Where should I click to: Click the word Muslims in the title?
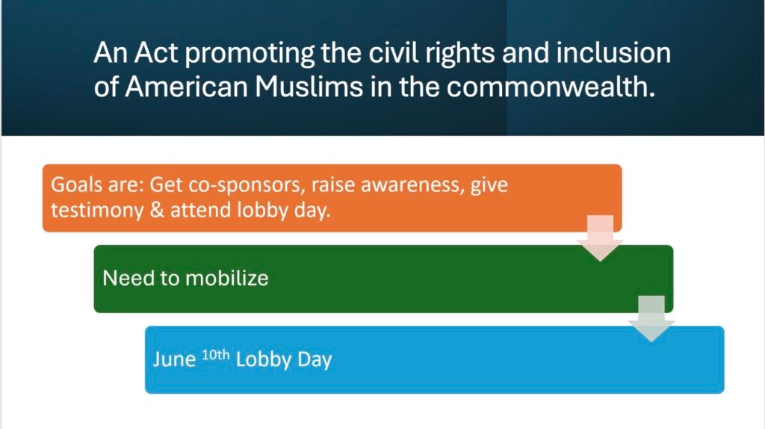point(309,87)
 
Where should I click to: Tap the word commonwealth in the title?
point(551,87)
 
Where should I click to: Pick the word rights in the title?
point(459,54)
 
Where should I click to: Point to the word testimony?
point(97,210)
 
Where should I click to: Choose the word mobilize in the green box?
point(227,278)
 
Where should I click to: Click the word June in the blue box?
point(174,359)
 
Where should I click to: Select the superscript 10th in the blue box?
point(215,355)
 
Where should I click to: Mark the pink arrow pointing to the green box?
point(600,238)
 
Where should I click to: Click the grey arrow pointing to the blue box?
point(651,318)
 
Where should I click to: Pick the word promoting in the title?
point(250,54)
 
